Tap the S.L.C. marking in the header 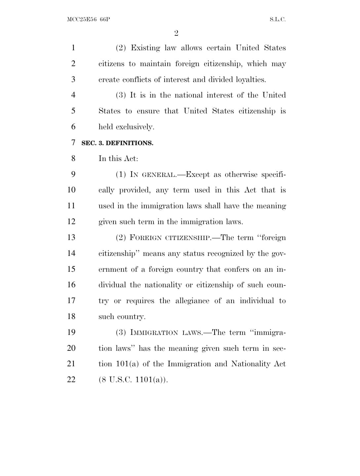point(277,20)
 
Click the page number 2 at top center point(176,33)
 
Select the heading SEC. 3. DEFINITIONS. point(117,143)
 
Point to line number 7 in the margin point(73,143)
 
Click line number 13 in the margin point(71,237)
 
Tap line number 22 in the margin point(71,379)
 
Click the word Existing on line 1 point(145,48)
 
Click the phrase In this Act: point(118,159)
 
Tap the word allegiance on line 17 point(192,301)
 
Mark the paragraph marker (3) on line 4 point(121,96)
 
